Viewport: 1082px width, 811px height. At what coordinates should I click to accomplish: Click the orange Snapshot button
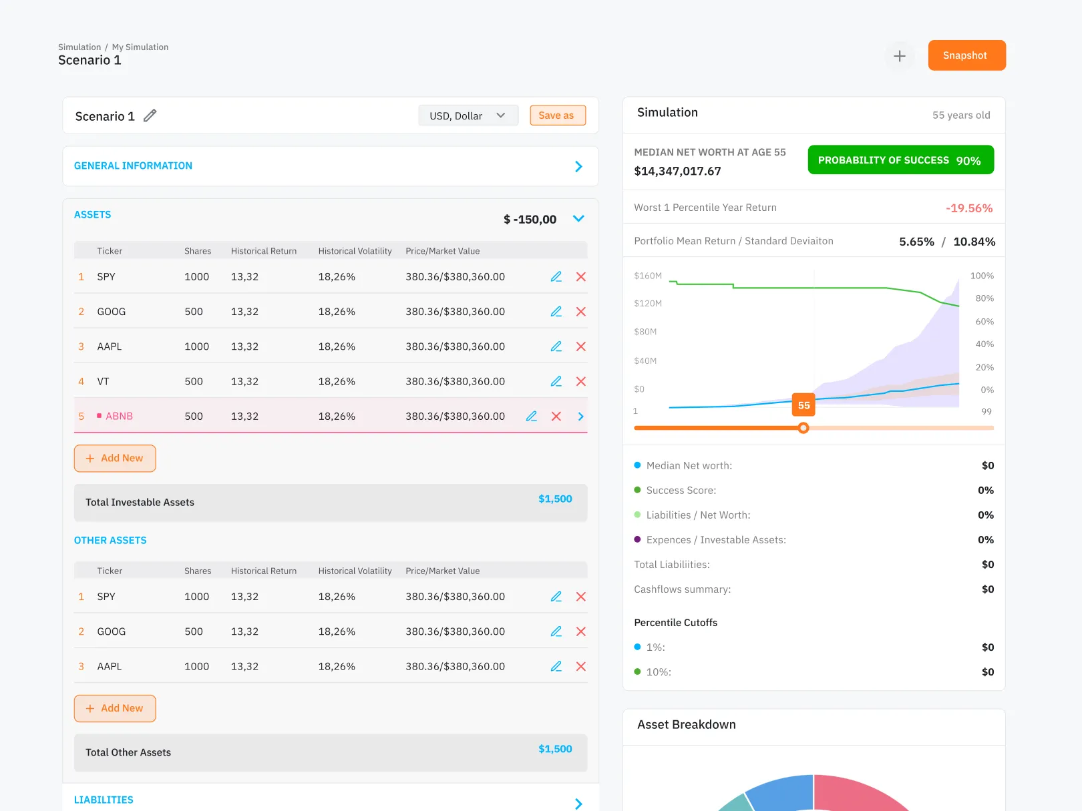(x=966, y=55)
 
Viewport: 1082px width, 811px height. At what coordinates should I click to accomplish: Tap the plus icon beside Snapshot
(x=900, y=56)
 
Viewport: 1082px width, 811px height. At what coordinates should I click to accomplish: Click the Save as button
(x=557, y=115)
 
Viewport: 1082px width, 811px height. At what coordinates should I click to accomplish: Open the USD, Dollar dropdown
(x=468, y=115)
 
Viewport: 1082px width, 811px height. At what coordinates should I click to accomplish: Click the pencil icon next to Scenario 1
(x=150, y=115)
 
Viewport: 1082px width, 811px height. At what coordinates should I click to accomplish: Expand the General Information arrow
(x=578, y=166)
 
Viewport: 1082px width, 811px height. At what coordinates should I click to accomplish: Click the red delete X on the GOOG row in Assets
(x=580, y=312)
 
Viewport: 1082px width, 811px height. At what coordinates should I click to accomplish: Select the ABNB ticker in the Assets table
(x=119, y=417)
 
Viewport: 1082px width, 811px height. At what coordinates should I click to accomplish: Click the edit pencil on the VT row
(x=556, y=381)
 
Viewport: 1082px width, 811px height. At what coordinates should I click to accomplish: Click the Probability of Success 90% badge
(x=900, y=160)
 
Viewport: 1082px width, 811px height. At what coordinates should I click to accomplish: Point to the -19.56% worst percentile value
(x=968, y=208)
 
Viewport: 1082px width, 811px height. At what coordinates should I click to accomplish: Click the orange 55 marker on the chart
(x=803, y=405)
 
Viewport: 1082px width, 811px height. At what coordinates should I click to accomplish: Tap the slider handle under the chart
(x=803, y=428)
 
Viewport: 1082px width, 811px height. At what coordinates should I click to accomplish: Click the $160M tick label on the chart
(x=647, y=276)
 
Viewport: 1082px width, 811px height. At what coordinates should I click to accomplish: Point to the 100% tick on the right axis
(x=981, y=276)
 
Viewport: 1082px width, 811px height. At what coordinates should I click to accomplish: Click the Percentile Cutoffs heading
(x=675, y=623)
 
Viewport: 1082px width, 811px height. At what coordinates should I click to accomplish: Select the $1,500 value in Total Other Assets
(x=555, y=749)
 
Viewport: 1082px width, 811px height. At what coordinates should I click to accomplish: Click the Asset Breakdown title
(x=686, y=725)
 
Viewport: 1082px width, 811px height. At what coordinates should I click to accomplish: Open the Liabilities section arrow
(x=578, y=804)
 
